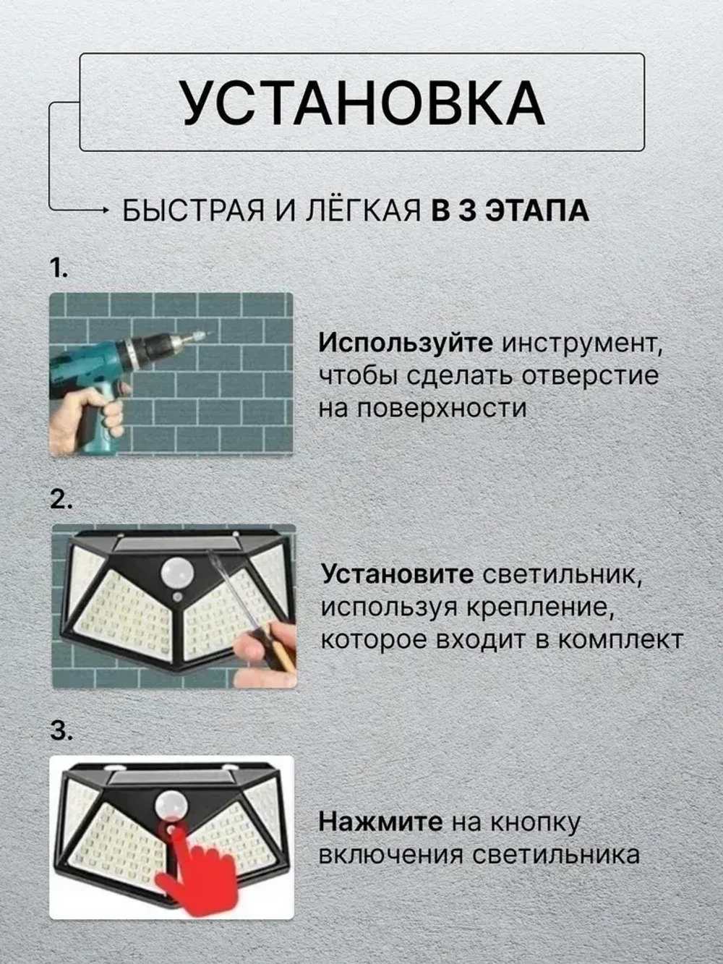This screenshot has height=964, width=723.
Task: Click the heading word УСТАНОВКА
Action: (361, 102)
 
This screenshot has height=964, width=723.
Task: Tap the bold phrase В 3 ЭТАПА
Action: (510, 211)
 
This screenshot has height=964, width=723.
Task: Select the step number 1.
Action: (58, 268)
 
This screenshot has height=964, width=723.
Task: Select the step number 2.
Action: (60, 500)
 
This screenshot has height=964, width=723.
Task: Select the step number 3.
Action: (61, 731)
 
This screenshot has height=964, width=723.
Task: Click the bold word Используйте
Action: (406, 343)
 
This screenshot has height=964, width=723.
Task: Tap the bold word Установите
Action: (397, 575)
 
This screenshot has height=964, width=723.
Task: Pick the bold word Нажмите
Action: (380, 822)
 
